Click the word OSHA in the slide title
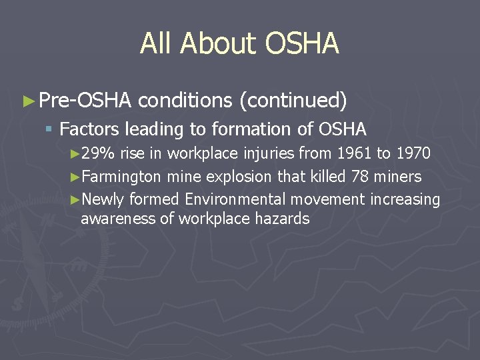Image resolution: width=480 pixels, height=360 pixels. (302, 44)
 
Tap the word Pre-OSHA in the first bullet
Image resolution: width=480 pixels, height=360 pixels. (85, 101)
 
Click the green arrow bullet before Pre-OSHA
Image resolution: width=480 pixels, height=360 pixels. (28, 101)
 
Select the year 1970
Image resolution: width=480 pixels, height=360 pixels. (413, 154)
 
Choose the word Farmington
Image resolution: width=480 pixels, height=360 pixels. (122, 177)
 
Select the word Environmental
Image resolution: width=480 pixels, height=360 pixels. (275, 199)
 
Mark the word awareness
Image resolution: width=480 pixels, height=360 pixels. (118, 218)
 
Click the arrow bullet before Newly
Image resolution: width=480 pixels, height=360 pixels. (74, 199)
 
